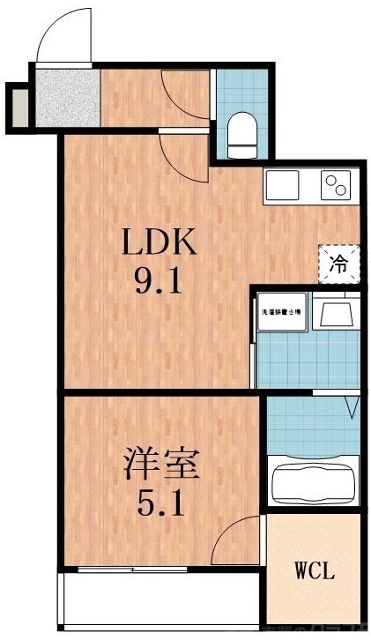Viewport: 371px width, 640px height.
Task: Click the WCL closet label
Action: point(315,571)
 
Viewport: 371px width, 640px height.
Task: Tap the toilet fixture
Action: point(240,132)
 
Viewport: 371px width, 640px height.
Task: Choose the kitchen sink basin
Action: point(283,185)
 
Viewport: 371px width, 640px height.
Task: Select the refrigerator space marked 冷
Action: point(339,262)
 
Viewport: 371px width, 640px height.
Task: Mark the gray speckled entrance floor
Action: point(66,98)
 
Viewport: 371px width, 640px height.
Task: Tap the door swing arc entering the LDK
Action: point(183,150)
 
